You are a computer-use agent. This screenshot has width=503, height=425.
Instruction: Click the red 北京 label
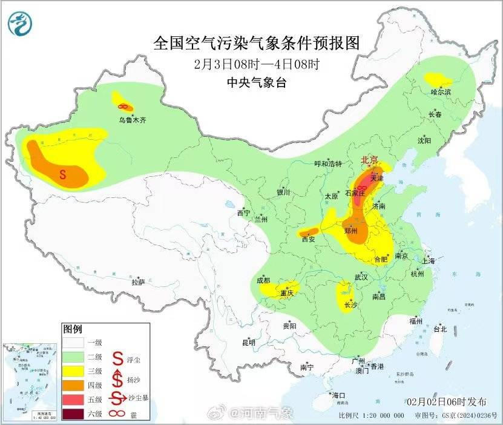click(x=369, y=160)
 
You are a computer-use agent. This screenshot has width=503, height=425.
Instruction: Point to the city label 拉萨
click(x=138, y=282)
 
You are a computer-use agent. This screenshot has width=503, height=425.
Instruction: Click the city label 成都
click(x=263, y=280)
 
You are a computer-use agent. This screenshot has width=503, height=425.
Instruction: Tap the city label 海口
click(x=338, y=395)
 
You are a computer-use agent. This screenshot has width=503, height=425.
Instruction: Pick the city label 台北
click(x=439, y=329)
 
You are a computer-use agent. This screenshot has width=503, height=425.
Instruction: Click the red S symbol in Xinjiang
click(x=63, y=176)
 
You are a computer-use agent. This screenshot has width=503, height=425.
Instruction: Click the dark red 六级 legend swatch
click(x=75, y=414)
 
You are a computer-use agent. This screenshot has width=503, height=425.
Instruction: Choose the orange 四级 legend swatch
click(x=75, y=385)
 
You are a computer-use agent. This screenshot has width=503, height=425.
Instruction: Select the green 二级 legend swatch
click(x=75, y=356)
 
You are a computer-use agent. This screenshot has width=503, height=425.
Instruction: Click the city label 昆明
click(x=249, y=343)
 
